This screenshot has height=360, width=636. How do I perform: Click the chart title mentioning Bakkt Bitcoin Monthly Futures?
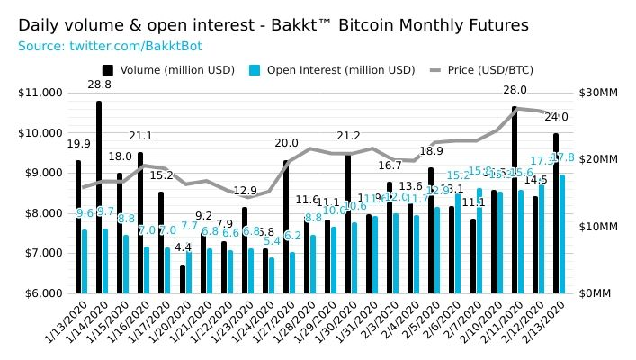click(273, 25)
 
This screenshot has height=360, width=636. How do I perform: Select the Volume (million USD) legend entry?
click(168, 69)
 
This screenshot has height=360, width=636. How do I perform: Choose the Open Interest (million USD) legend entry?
click(332, 69)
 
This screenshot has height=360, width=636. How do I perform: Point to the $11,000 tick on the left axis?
click(40, 93)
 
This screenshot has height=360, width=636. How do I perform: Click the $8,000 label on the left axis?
click(42, 213)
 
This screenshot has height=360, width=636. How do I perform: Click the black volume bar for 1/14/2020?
click(99, 198)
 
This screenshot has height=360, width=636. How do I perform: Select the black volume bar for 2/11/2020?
click(515, 200)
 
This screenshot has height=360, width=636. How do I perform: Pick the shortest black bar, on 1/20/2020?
click(182, 279)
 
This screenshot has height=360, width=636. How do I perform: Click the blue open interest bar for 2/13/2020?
click(562, 234)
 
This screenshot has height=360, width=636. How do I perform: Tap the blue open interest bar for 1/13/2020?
click(85, 261)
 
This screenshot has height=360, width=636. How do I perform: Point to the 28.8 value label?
click(99, 85)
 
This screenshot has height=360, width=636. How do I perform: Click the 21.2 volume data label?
click(348, 136)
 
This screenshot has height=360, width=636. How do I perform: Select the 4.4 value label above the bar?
click(183, 247)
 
